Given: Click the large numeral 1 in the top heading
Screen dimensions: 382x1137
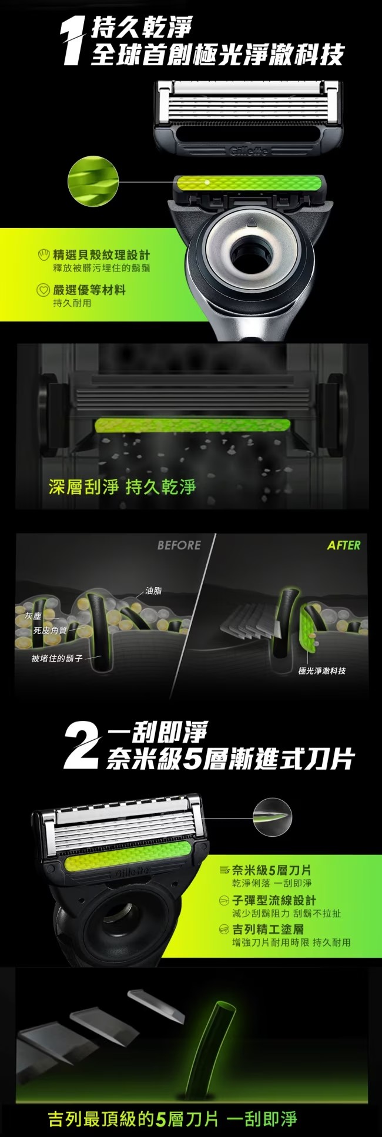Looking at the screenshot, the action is [x=75, y=41].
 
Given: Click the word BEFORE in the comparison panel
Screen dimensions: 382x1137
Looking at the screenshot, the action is [x=179, y=545].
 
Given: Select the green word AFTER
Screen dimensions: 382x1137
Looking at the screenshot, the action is [x=344, y=545].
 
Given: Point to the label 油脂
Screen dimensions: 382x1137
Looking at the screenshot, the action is [x=153, y=591].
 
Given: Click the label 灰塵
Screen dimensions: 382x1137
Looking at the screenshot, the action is [x=33, y=616].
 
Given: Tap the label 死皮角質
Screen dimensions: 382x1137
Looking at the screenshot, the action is [x=50, y=630].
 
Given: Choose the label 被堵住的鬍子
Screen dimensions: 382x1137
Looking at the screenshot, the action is [x=57, y=658].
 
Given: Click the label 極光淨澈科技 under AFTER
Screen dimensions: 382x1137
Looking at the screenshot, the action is [x=322, y=670].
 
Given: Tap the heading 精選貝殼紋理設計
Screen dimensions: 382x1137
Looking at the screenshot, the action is [x=101, y=254].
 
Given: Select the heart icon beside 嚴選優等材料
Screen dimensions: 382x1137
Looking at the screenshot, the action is [x=43, y=290].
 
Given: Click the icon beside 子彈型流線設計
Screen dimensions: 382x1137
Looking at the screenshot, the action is [x=223, y=900].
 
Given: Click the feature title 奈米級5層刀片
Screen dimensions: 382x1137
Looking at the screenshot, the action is [x=272, y=870].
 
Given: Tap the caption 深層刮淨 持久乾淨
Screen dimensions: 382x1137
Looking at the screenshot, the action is [x=122, y=487].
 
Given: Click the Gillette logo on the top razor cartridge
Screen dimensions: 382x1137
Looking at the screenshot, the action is [x=249, y=152].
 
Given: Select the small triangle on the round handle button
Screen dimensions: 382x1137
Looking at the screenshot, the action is [x=249, y=222].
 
